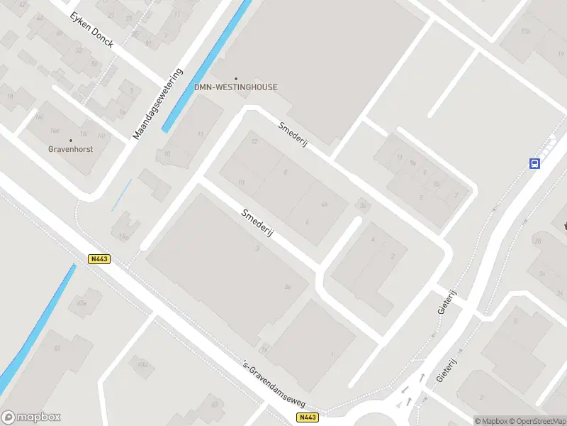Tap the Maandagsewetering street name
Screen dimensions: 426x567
point(158,104)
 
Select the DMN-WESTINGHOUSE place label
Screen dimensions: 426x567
point(236,87)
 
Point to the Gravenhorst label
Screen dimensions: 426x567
point(70,150)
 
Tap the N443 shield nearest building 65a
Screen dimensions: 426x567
point(99,259)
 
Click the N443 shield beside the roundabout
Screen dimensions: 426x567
point(308,417)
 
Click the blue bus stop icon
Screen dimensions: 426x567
point(534,163)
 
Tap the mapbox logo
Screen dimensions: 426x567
point(31,417)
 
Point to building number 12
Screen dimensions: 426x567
point(254,142)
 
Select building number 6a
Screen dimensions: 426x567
point(324,204)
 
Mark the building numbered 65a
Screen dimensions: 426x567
point(82,303)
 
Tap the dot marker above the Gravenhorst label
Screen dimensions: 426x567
point(70,141)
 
